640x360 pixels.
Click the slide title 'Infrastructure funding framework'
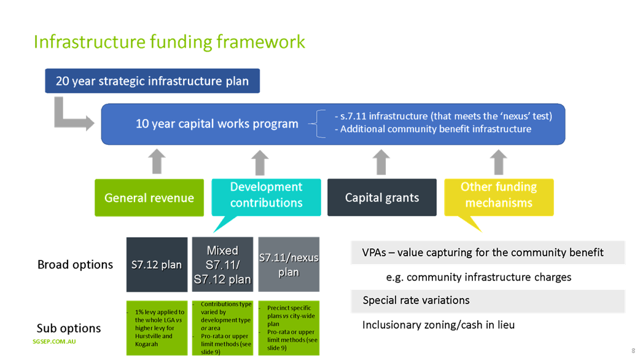170,42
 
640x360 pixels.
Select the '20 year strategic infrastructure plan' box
152,81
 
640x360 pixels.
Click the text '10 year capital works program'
217,123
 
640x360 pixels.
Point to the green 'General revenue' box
149,197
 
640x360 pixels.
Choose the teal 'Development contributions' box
266,195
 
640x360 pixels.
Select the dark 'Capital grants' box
381,197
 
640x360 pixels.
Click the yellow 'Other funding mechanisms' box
499,195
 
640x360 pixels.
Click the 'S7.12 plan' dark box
157,265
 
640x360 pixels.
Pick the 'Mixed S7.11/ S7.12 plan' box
222,265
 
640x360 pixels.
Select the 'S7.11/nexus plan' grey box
289,265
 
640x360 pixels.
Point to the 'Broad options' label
76,265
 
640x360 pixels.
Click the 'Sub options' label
68,328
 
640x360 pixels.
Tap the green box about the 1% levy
157,328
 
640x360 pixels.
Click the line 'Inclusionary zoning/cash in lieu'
438,324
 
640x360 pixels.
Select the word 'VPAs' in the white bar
374,252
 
